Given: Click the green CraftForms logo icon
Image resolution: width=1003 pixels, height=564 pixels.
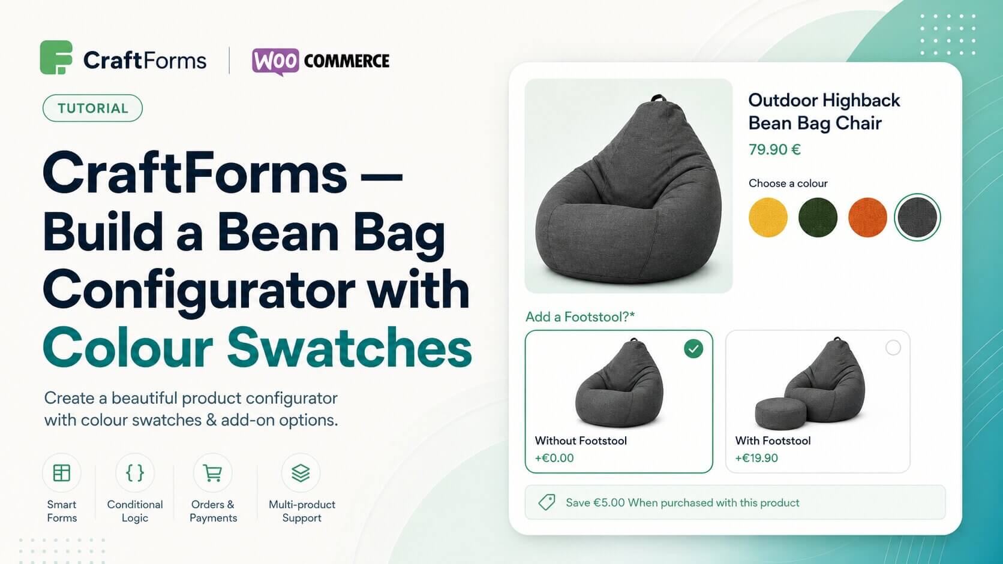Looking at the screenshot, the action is pyautogui.click(x=56, y=58).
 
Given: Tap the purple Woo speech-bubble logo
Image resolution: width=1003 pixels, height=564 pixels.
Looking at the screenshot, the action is pyautogui.click(x=275, y=61).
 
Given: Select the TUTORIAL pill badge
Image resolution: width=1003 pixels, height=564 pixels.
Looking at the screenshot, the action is pyautogui.click(x=93, y=108).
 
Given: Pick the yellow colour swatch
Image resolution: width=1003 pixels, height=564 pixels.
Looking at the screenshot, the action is pyautogui.click(x=768, y=218).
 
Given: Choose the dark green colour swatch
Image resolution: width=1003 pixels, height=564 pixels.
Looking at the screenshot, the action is pyautogui.click(x=818, y=218).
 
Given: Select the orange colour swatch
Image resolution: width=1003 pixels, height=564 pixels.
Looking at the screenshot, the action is pyautogui.click(x=867, y=218).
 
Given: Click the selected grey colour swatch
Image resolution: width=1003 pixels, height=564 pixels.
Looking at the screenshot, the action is pyautogui.click(x=917, y=218).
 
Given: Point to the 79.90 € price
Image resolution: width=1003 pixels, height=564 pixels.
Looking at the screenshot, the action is pyautogui.click(x=774, y=149).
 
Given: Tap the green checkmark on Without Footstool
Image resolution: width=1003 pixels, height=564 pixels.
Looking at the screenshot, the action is pyautogui.click(x=693, y=348).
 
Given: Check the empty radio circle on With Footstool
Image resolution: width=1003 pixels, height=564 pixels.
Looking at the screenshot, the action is pyautogui.click(x=893, y=348).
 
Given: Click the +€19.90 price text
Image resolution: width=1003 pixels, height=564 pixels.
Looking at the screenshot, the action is pyautogui.click(x=756, y=458).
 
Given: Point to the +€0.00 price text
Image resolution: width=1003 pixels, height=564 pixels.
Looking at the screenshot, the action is pyautogui.click(x=554, y=458).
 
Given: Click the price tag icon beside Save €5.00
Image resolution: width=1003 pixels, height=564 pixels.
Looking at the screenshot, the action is pyautogui.click(x=546, y=502).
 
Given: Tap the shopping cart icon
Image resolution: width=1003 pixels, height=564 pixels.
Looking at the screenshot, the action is pyautogui.click(x=212, y=473).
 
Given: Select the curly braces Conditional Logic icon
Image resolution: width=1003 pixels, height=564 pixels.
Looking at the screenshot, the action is pyautogui.click(x=135, y=473).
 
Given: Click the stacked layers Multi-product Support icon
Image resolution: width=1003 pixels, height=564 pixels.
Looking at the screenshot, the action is pyautogui.click(x=301, y=473).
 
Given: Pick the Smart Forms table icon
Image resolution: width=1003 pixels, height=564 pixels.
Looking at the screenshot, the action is pyautogui.click(x=61, y=473).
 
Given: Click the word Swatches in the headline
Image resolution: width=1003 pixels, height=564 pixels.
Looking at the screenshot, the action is pyautogui.click(x=349, y=348).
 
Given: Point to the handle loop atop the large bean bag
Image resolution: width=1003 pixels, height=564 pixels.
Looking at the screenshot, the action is pyautogui.click(x=657, y=98).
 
